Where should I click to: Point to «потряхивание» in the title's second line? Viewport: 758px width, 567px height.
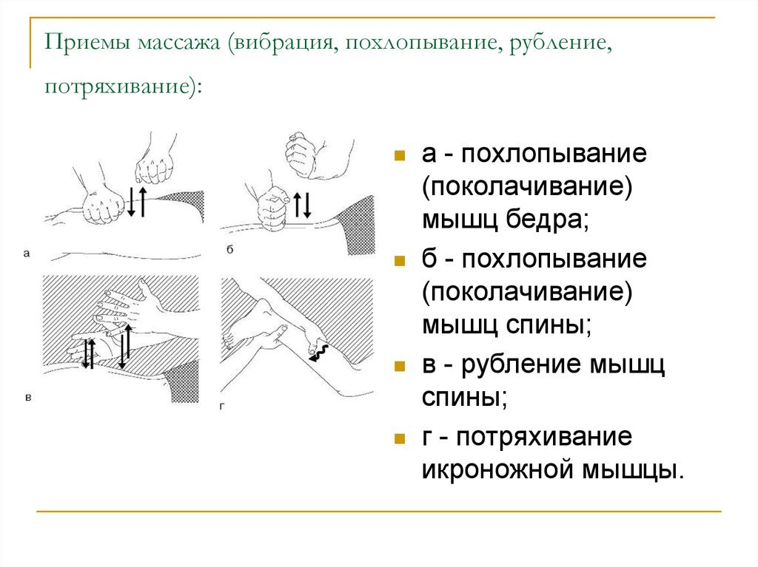click(x=117, y=86)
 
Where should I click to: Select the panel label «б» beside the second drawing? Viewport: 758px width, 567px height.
click(x=230, y=251)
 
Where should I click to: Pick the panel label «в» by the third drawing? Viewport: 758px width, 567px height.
click(x=28, y=398)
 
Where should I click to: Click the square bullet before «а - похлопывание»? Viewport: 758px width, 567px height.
click(x=399, y=157)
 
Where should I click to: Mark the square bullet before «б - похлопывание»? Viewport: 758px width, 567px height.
click(x=399, y=262)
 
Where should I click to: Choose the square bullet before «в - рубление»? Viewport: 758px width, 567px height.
click(x=399, y=366)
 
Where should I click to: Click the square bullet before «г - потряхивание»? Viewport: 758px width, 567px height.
click(x=399, y=438)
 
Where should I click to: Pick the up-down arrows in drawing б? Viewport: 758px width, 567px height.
click(x=303, y=205)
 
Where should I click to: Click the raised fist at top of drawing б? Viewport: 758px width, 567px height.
click(x=305, y=157)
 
